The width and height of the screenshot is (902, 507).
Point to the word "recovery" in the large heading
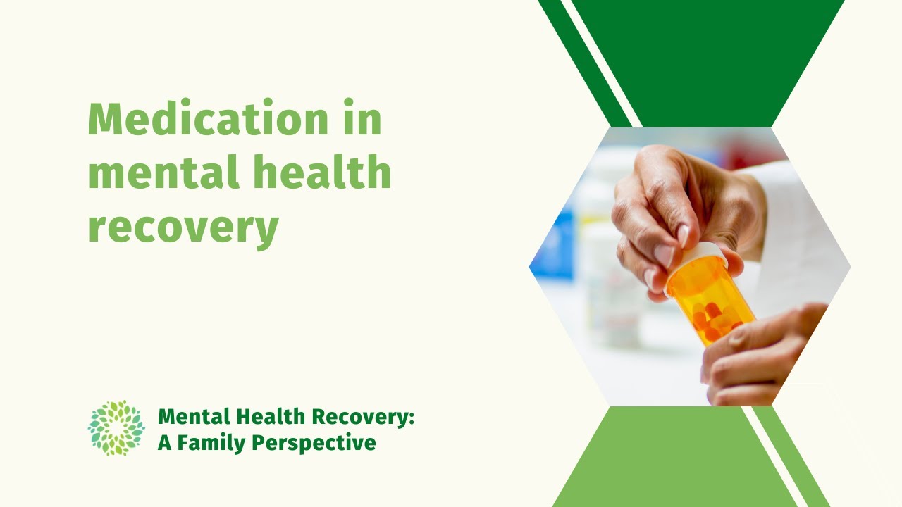point(183,227)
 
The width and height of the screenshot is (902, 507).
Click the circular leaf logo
point(116,427)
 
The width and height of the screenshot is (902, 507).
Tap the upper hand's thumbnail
point(665,254)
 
